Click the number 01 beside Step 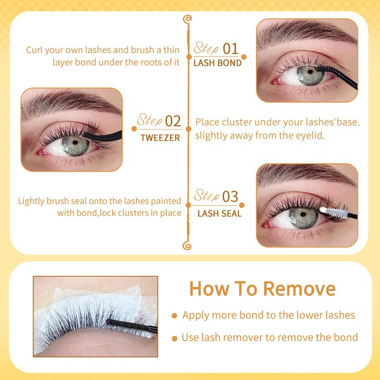[230, 49]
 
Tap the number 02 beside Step [173, 121]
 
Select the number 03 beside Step [230, 197]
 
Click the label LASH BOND [218, 63]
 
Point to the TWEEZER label [160, 138]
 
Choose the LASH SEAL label [219, 213]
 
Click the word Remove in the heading [299, 289]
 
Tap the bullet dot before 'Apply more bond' [174, 315]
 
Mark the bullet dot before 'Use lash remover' [174, 338]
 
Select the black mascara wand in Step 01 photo [337, 76]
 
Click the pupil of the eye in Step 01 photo [310, 72]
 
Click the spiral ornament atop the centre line [187, 19]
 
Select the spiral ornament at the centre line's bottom [187, 246]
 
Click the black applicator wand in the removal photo [132, 325]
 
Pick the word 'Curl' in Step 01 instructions [34, 50]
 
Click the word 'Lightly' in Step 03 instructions [31, 201]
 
